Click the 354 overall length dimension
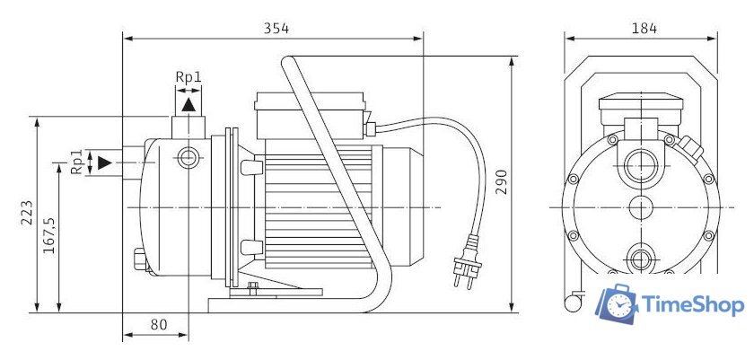pos(276,28)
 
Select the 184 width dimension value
pos(644,28)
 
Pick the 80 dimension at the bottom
pos(158,324)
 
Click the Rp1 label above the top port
pos(188,78)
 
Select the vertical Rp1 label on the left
pos(77,162)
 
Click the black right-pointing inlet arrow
pos(105,162)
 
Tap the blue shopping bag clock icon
pos(618,306)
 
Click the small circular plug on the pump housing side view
pos(188,158)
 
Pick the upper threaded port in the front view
pos(641,165)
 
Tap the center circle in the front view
pos(641,207)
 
